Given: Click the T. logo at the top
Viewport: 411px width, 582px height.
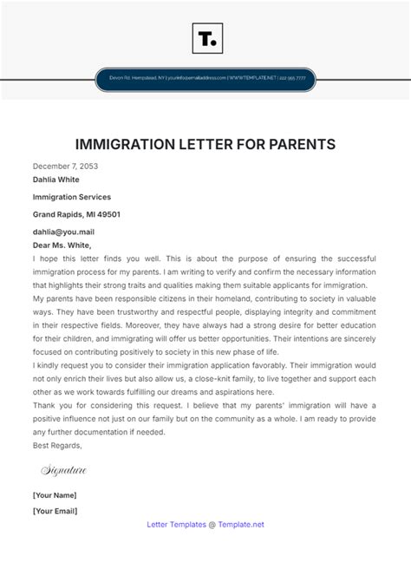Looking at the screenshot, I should pos(205,38).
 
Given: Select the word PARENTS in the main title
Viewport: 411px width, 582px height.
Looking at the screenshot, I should pos(294,143).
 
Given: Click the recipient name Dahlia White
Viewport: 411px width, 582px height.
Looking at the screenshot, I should pos(56,180).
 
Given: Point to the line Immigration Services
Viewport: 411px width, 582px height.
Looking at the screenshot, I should pos(72,197).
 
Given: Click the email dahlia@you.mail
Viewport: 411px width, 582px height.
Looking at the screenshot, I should pos(63,232).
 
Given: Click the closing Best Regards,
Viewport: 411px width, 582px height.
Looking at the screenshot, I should pos(57,445).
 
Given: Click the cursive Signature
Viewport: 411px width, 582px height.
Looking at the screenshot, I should pos(64,470).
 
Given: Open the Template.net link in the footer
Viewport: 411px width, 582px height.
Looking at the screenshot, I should pos(241,524).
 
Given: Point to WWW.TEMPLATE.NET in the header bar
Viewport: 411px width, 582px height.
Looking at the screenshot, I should pos(253,78).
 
